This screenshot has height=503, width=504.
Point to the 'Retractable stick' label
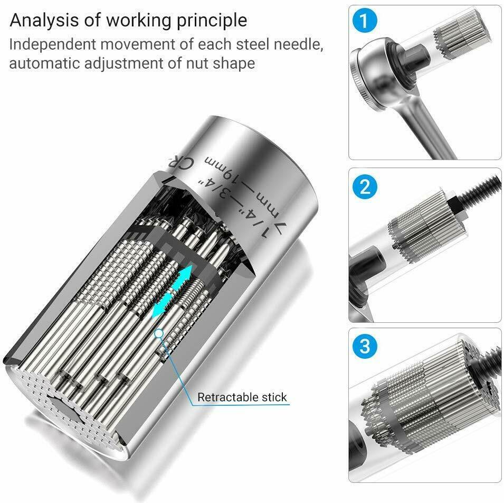point(242,397)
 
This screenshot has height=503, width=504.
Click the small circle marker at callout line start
point(159,333)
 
